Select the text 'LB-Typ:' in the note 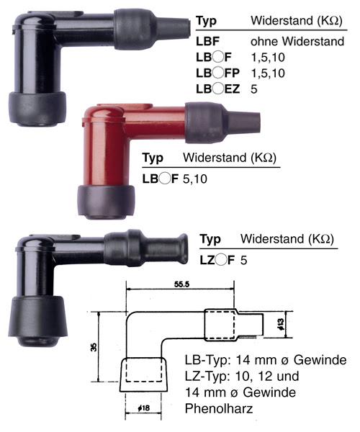(208, 360)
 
